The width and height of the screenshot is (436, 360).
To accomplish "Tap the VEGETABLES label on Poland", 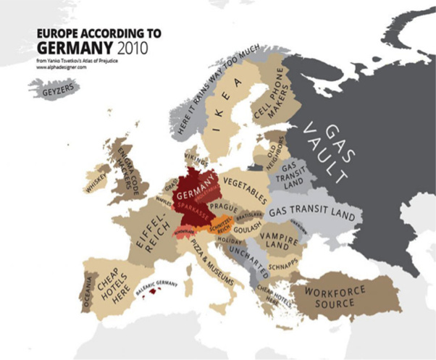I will pos(245,186).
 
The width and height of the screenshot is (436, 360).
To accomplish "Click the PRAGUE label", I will pos(225,208).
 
